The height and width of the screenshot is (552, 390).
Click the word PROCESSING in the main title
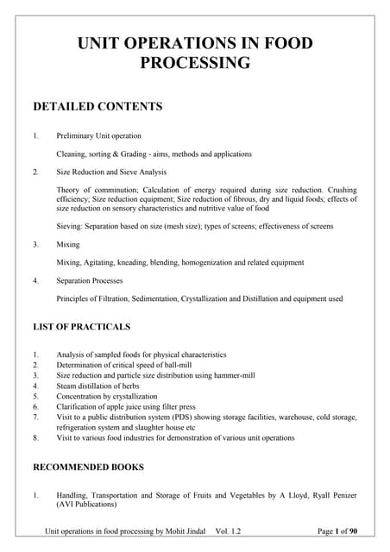[194, 63]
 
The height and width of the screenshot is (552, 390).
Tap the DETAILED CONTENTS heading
[97, 107]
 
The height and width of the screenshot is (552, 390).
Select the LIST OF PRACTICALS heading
[81, 327]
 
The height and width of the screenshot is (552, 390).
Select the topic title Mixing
[68, 244]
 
